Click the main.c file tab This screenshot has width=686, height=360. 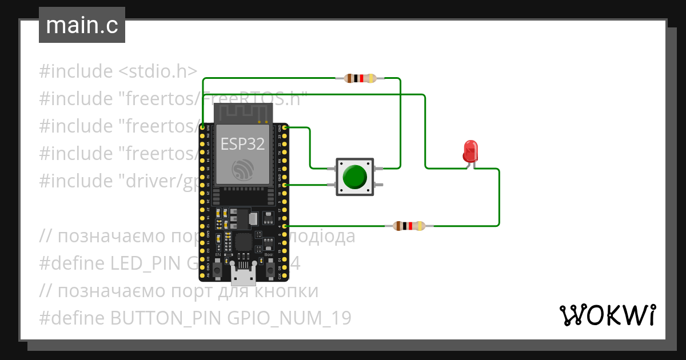[82, 26]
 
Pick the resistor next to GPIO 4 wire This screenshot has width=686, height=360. [409, 226]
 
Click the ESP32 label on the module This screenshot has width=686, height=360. [243, 144]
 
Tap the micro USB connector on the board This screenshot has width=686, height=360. [244, 276]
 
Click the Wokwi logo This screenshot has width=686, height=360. [607, 315]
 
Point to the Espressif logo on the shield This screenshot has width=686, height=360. [242, 170]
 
